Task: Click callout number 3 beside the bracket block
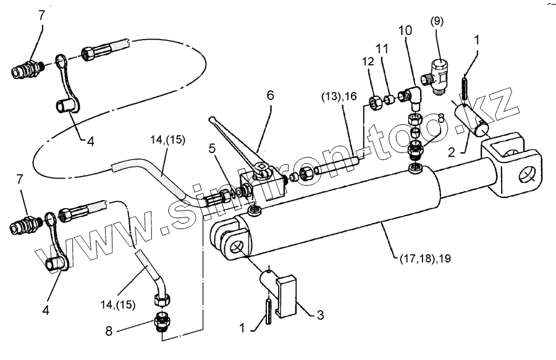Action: (x=321, y=315)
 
